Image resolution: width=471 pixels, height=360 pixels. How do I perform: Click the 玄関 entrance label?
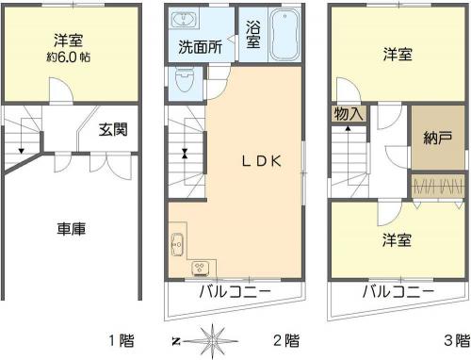113,129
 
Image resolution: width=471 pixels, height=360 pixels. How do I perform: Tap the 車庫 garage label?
72,229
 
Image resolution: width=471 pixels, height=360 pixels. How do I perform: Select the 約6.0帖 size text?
69,57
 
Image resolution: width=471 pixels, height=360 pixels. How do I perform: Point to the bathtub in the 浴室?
284,34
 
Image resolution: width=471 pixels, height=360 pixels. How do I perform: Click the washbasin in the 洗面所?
184,20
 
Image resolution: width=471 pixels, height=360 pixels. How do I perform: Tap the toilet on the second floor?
184,80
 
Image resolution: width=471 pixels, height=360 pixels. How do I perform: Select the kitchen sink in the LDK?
177,244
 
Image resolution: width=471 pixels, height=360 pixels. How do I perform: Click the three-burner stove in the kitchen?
200,269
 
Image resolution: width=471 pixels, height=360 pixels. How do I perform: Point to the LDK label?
262,161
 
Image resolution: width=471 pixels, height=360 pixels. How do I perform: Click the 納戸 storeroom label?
437,138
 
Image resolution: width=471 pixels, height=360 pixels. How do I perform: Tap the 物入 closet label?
349,114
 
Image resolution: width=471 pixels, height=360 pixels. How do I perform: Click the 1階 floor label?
122,340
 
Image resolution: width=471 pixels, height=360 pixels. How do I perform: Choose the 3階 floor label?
457,340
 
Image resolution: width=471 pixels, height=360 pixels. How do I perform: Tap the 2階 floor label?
286,340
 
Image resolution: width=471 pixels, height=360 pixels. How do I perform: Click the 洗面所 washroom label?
201,47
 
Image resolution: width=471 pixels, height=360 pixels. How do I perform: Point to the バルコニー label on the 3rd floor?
398,292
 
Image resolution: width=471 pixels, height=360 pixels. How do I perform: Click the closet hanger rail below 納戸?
439,186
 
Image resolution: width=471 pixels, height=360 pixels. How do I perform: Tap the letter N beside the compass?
176,341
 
